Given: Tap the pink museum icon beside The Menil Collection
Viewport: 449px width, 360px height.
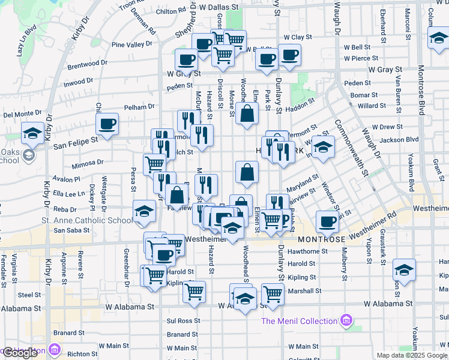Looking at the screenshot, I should coord(345,321).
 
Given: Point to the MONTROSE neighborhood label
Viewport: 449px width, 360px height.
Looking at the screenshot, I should coord(321,239).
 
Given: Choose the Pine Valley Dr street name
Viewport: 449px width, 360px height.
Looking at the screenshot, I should coord(133,44).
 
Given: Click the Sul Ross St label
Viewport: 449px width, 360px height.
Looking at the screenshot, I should coord(183,321).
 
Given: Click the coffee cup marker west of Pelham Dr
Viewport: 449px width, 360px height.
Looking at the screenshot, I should coord(107,125).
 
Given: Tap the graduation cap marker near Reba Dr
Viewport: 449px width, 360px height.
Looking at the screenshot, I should coord(144,212).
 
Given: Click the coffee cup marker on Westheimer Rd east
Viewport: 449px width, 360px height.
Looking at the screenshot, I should coord(327,222).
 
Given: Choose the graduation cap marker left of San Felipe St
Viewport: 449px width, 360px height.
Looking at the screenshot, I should coord(32,133).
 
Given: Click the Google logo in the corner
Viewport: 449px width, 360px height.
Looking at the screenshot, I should coord(21,353).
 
